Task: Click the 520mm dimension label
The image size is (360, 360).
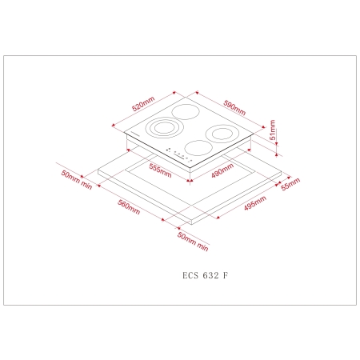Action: pyautogui.click(x=143, y=104)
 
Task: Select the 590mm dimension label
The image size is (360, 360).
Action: pyautogui.click(x=234, y=107)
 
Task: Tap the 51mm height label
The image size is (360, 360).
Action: pyautogui.click(x=272, y=130)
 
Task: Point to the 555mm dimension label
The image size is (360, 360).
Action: pyautogui.click(x=160, y=170)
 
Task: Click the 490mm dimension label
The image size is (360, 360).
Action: pyautogui.click(x=222, y=170)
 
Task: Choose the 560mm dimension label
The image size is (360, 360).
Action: pyautogui.click(x=129, y=207)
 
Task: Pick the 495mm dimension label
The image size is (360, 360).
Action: pyautogui.click(x=255, y=203)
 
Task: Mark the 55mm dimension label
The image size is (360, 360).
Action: pyautogui.click(x=290, y=184)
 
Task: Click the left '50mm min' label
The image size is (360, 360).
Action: pyautogui.click(x=77, y=180)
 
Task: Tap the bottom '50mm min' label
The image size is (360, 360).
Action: pyautogui.click(x=193, y=242)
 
